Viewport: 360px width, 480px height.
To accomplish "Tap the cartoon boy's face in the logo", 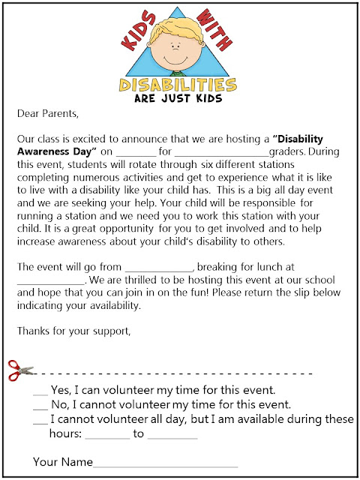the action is click(x=180, y=54).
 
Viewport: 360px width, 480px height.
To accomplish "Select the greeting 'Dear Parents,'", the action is click(x=46, y=115).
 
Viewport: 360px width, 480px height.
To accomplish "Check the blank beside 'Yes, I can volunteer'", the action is click(x=41, y=393).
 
